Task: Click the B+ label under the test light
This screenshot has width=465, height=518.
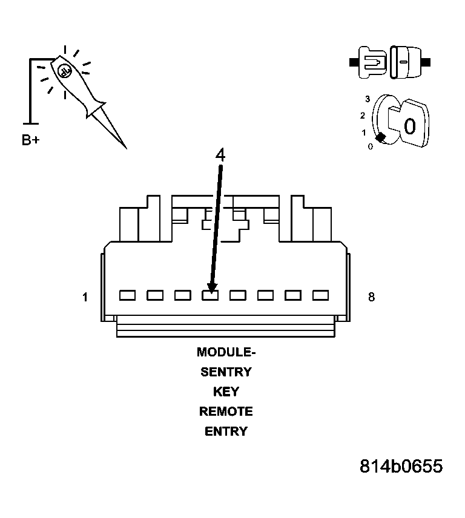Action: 31,140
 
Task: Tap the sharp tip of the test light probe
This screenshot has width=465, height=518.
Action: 125,147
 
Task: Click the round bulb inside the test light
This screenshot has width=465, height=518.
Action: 65,71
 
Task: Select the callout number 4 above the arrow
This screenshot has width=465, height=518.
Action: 220,155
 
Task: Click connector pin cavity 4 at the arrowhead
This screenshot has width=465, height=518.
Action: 210,295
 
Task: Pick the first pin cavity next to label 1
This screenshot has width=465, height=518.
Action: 127,295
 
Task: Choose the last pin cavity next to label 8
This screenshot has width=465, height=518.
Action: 320,295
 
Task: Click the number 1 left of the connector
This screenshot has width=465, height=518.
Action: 85,297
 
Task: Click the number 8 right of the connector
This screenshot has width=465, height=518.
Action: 371,297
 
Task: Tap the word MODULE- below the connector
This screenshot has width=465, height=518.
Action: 226,352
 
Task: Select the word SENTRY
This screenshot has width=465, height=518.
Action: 226,372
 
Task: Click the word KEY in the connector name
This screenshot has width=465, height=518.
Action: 226,392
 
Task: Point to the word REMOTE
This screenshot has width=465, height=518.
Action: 226,411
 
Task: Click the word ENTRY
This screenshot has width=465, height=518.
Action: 226,431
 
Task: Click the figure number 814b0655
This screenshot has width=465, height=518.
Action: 401,467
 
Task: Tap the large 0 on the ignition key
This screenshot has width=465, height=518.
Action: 409,126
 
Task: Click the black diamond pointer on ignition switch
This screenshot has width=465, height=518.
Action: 380,138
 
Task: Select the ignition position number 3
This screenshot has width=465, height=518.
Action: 368,99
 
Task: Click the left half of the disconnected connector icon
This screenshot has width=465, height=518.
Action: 371,62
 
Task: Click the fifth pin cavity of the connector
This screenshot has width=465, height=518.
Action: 237,295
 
